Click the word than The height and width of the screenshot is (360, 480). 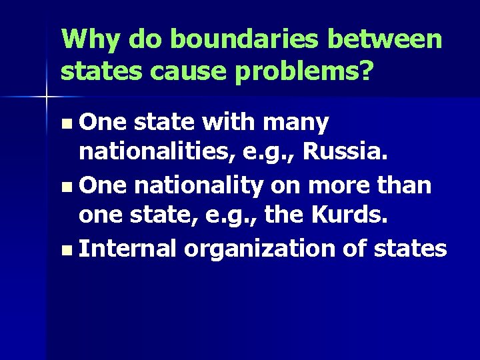pos(407,186)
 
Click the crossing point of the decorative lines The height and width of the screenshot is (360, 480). pos(47,97)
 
